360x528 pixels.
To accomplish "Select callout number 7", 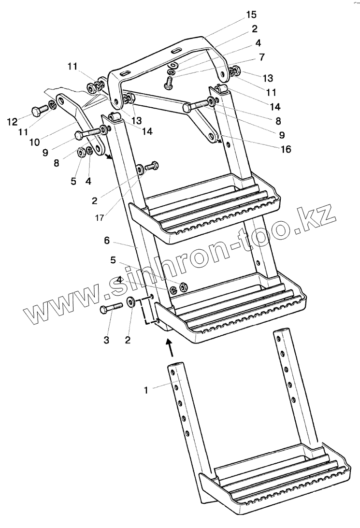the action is click(x=261, y=57).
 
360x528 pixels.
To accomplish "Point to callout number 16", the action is click(x=286, y=149).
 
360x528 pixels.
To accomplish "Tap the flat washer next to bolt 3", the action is click(x=130, y=303).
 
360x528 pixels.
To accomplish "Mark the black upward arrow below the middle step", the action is click(x=168, y=346).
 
